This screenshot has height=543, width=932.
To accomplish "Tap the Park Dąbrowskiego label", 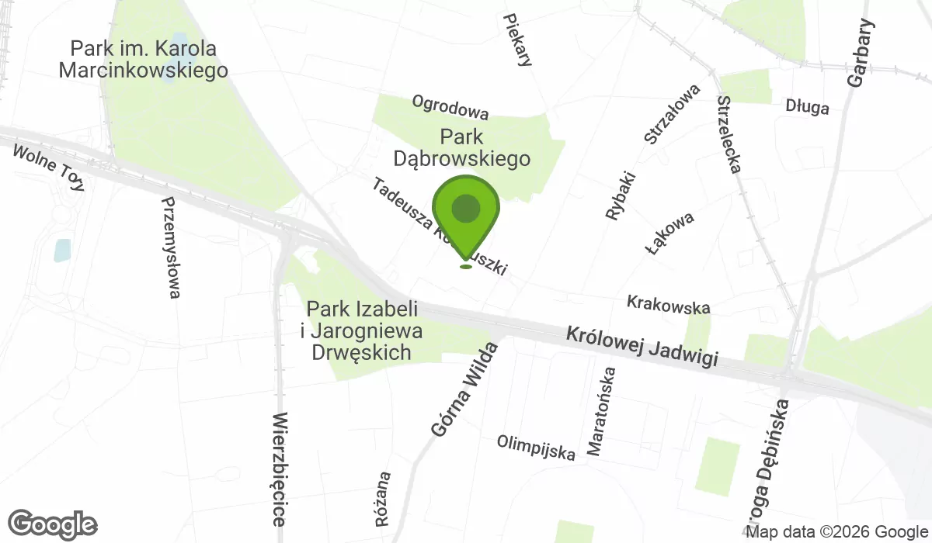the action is point(461,148).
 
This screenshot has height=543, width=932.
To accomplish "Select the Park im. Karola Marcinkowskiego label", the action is point(144,60).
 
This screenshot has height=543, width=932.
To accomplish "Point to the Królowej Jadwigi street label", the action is point(641,348).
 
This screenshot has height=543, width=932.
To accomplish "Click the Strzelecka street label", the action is point(730,133).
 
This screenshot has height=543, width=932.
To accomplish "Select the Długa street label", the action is point(807,107).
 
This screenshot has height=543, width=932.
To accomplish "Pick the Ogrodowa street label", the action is point(450,108).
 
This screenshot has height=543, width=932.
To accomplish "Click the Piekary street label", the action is point(517,40).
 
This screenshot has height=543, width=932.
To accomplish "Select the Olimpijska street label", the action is point(536,448).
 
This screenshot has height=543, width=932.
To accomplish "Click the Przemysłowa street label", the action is point(171,247).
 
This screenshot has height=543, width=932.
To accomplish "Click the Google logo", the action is point(53,524).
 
